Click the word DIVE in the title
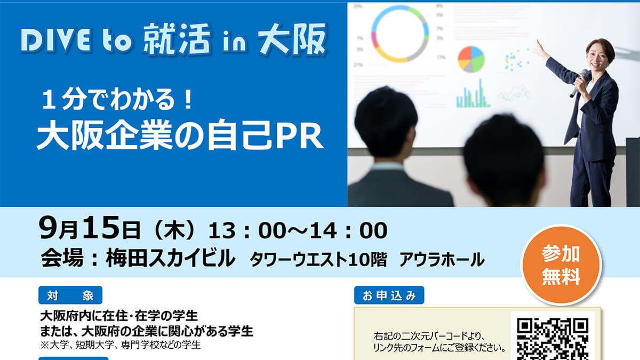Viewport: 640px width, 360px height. [56, 39]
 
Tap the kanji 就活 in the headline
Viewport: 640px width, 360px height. [178, 39]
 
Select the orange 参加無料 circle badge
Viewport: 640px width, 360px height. [561, 265]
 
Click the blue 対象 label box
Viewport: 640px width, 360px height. [70, 295]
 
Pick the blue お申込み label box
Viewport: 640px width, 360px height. [389, 295]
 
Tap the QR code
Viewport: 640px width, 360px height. [553, 339]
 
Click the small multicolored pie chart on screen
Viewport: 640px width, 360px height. [471, 59]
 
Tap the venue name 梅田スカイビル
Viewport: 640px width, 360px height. [170, 258]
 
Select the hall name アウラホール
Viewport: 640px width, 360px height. [442, 260]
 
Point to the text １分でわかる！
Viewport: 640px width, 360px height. [117, 99]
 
